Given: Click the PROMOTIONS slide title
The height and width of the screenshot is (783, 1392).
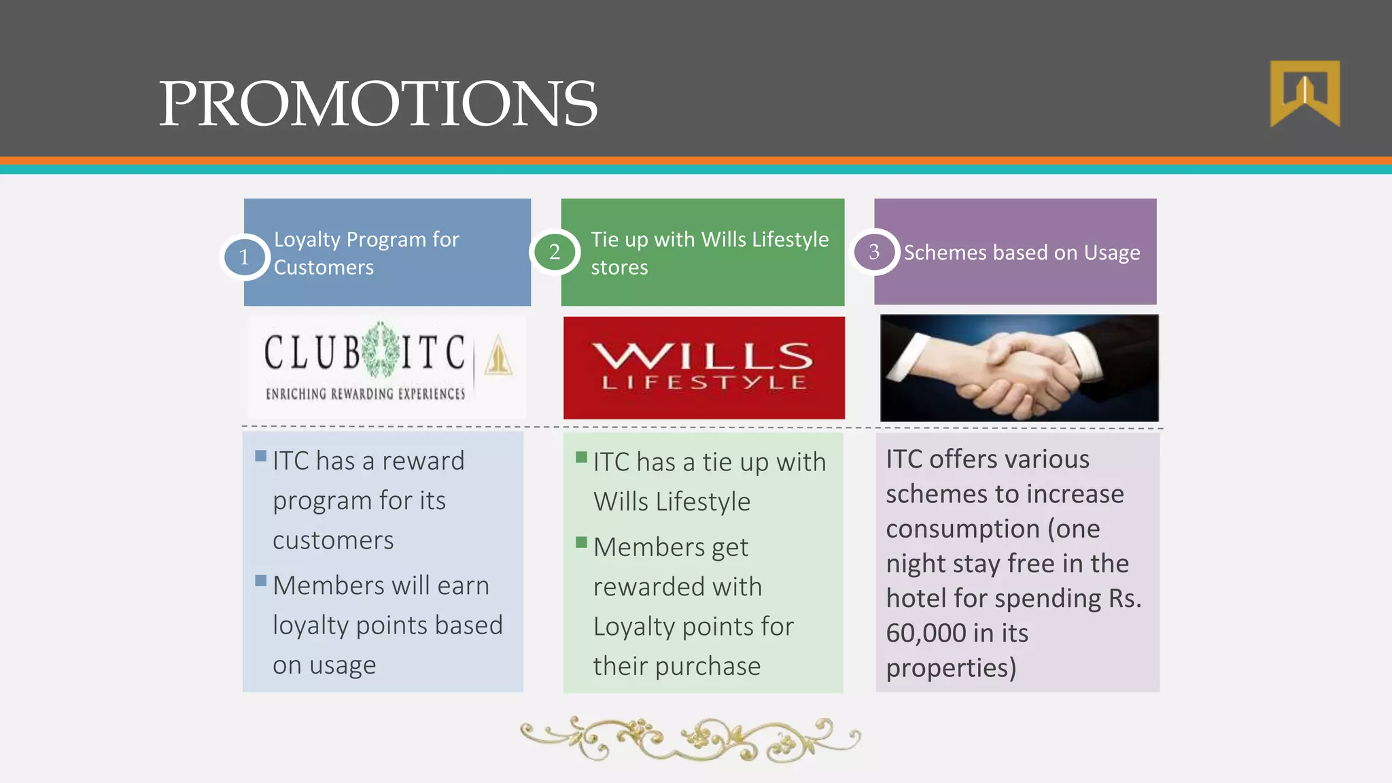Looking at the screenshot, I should [378, 103].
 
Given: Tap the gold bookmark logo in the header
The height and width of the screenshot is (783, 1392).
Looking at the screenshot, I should [1305, 93].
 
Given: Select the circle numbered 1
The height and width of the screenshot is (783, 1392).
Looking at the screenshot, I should [244, 257].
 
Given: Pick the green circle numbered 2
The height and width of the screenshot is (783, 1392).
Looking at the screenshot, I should [555, 252].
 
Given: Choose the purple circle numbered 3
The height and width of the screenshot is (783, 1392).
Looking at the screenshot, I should [874, 252].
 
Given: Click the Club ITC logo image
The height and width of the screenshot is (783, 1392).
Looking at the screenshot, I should [387, 367].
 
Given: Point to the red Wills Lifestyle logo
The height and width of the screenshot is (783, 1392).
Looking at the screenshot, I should [703, 368].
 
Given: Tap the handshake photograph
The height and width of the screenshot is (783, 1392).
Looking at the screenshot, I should [1019, 368].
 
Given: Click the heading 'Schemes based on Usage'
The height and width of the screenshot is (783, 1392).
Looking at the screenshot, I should [1022, 253].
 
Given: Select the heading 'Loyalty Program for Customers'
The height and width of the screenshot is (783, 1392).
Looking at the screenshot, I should [366, 253].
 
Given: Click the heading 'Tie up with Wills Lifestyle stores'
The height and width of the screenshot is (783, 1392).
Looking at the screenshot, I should [709, 253].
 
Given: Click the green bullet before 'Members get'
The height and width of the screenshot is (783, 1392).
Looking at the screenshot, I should [581, 542].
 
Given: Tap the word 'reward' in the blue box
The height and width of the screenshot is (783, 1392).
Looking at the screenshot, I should [423, 462].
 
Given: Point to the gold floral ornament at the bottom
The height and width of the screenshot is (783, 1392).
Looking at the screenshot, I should [690, 739].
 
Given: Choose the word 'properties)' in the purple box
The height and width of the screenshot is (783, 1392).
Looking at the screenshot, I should [951, 668].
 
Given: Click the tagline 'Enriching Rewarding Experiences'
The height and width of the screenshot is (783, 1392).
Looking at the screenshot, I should [366, 394].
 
